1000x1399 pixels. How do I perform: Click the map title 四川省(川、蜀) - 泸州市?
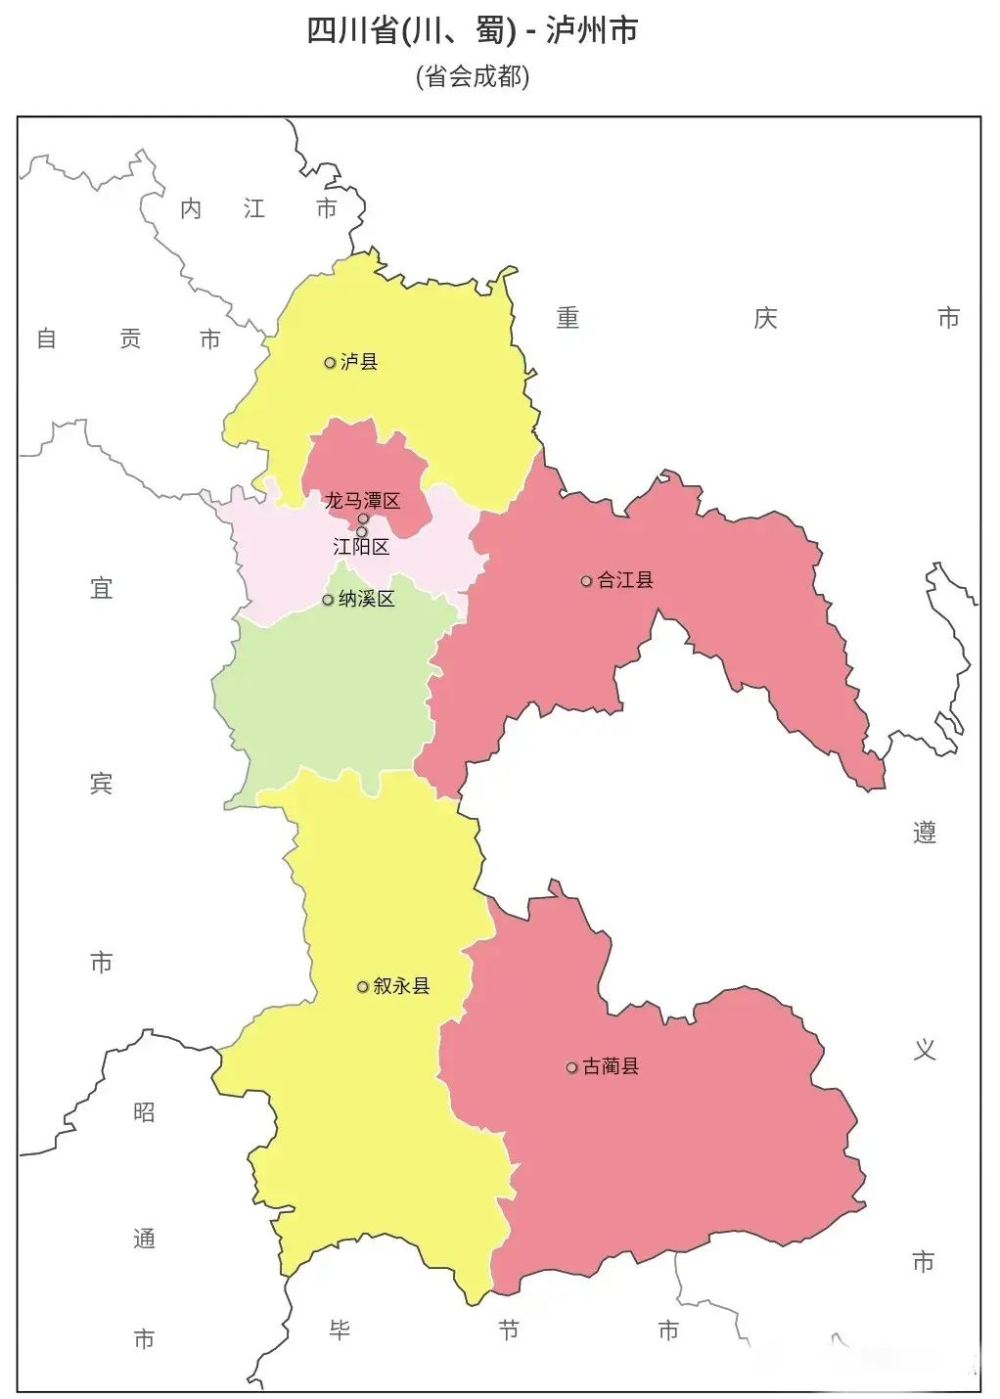pyautogui.click(x=473, y=31)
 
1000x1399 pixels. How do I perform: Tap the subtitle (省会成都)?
pyautogui.click(x=473, y=76)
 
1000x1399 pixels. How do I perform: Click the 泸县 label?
pyautogui.click(x=359, y=362)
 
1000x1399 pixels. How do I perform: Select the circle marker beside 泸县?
pyautogui.click(x=330, y=363)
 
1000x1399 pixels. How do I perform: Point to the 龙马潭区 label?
pyautogui.click(x=363, y=501)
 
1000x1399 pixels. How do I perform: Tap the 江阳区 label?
pyautogui.click(x=361, y=547)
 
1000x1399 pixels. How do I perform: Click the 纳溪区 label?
pyautogui.click(x=367, y=599)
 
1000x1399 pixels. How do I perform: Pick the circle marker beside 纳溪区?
pyautogui.click(x=328, y=600)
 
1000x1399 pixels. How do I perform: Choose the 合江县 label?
pyautogui.click(x=625, y=580)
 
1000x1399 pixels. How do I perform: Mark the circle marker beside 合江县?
pyautogui.click(x=586, y=581)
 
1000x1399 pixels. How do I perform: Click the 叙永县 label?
pyautogui.click(x=401, y=986)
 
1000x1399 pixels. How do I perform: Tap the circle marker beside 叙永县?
pyautogui.click(x=363, y=987)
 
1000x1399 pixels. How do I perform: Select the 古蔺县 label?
pyautogui.click(x=611, y=1066)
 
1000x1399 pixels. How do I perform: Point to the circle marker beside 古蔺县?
pyautogui.click(x=571, y=1067)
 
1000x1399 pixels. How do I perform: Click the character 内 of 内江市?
pyautogui.click(x=191, y=208)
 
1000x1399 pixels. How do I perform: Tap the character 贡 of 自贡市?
pyautogui.click(x=130, y=338)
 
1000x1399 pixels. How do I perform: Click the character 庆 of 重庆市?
pyautogui.click(x=765, y=318)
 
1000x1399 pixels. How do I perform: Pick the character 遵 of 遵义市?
pyautogui.click(x=925, y=833)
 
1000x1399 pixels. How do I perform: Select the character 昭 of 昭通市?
pyautogui.click(x=144, y=1112)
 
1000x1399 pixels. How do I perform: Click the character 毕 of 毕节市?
pyautogui.click(x=340, y=1331)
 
